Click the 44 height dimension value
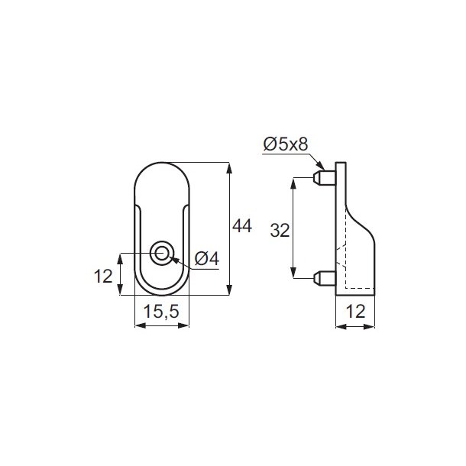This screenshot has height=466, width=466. point(242,226)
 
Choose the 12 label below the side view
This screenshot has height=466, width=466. point(355,311)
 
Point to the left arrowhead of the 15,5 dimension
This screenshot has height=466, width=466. point(138,326)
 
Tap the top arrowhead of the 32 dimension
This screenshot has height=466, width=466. point(294,183)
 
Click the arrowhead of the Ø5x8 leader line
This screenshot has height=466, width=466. point(321,166)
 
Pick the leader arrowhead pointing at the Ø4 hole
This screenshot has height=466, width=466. point(173,258)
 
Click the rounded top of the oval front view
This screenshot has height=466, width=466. point(161,163)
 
